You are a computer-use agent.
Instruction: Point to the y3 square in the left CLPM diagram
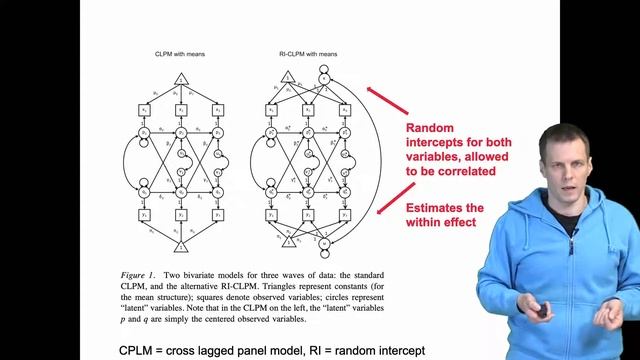click(x=219, y=214)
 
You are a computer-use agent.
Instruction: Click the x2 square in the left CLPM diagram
click(x=182, y=109)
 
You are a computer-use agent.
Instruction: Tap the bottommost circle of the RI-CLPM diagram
click(x=325, y=243)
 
